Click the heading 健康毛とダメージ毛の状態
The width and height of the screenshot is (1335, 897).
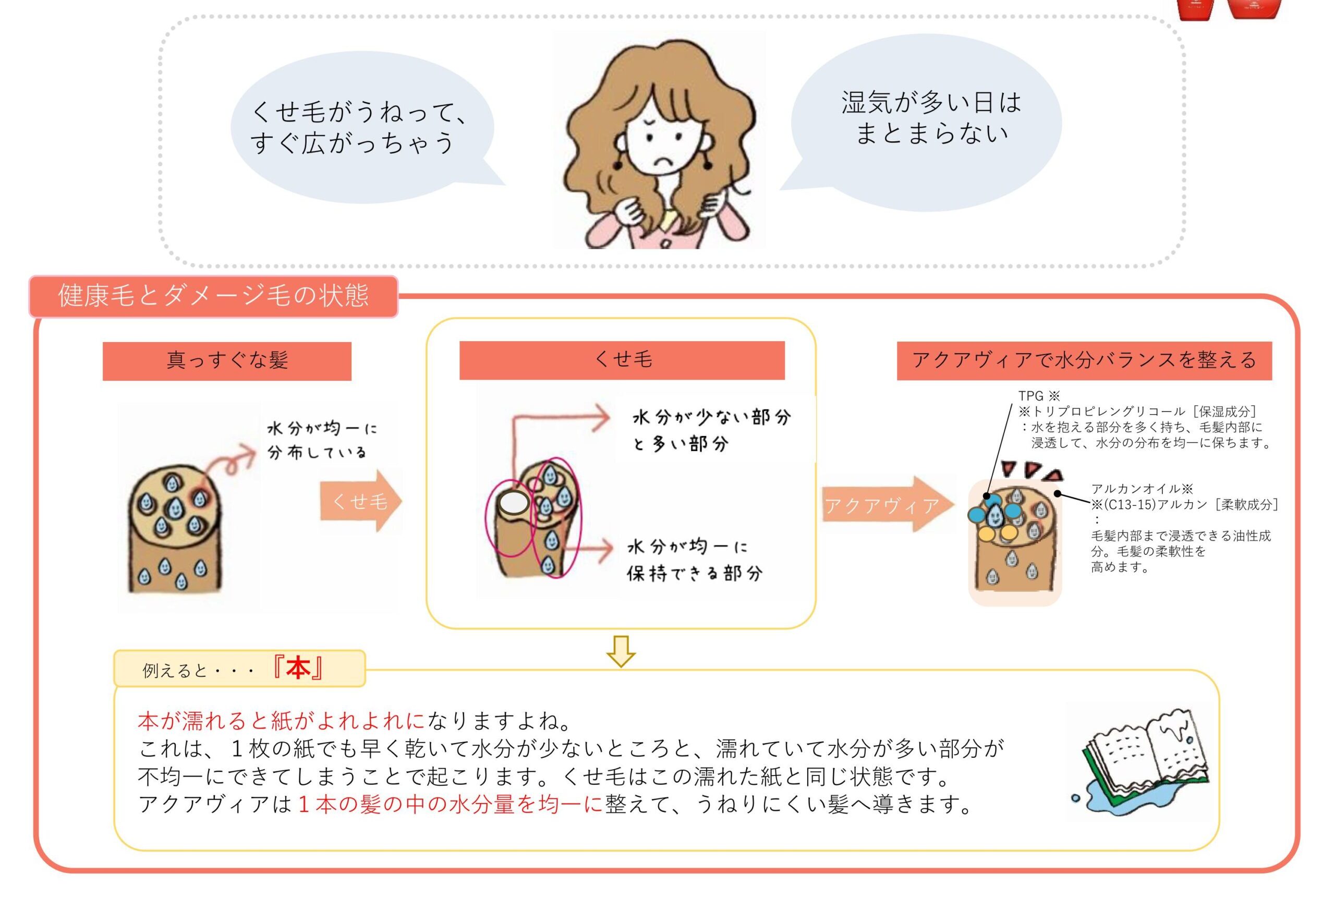[x=213, y=296]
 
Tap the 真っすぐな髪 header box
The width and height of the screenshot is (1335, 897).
[x=226, y=360]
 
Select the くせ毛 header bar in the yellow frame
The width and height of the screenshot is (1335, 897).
[x=622, y=360]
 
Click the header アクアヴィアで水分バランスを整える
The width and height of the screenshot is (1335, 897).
[x=1084, y=360]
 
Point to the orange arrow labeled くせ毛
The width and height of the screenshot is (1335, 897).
[x=360, y=501]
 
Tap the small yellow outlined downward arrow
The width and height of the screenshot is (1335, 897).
[x=621, y=651]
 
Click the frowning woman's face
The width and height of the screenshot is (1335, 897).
[x=663, y=140]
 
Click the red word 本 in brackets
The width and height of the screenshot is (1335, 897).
[x=298, y=668]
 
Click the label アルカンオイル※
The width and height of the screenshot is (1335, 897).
[x=1142, y=489]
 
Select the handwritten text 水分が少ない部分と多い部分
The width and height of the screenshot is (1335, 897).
[x=711, y=430]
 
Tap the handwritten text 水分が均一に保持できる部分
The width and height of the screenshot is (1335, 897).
[x=694, y=560]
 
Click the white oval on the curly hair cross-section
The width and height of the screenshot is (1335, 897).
[x=513, y=503]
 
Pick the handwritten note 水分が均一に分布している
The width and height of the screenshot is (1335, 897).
[x=322, y=441]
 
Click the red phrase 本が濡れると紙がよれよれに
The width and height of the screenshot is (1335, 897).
[x=282, y=721]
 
